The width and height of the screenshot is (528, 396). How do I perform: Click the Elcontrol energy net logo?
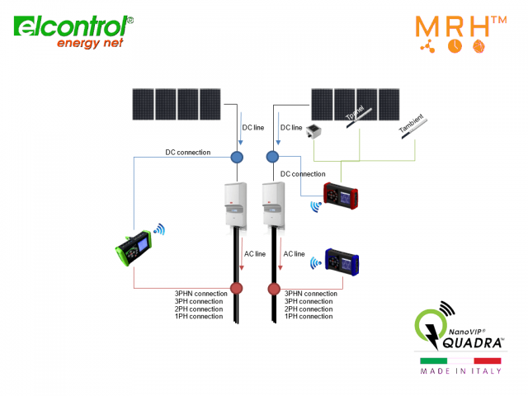click(73, 31)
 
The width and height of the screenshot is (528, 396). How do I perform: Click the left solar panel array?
click(177, 104)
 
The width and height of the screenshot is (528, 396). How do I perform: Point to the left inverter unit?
click(234, 205)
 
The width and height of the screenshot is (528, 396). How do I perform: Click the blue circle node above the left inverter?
click(237, 157)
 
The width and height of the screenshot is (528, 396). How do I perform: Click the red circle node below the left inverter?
click(237, 289)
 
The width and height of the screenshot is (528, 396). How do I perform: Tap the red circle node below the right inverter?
click(274, 289)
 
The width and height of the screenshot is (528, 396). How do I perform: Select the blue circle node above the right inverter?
click(273, 157)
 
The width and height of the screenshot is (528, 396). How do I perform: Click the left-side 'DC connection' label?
click(187, 152)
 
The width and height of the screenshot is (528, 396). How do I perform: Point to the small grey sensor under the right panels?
click(313, 130)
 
